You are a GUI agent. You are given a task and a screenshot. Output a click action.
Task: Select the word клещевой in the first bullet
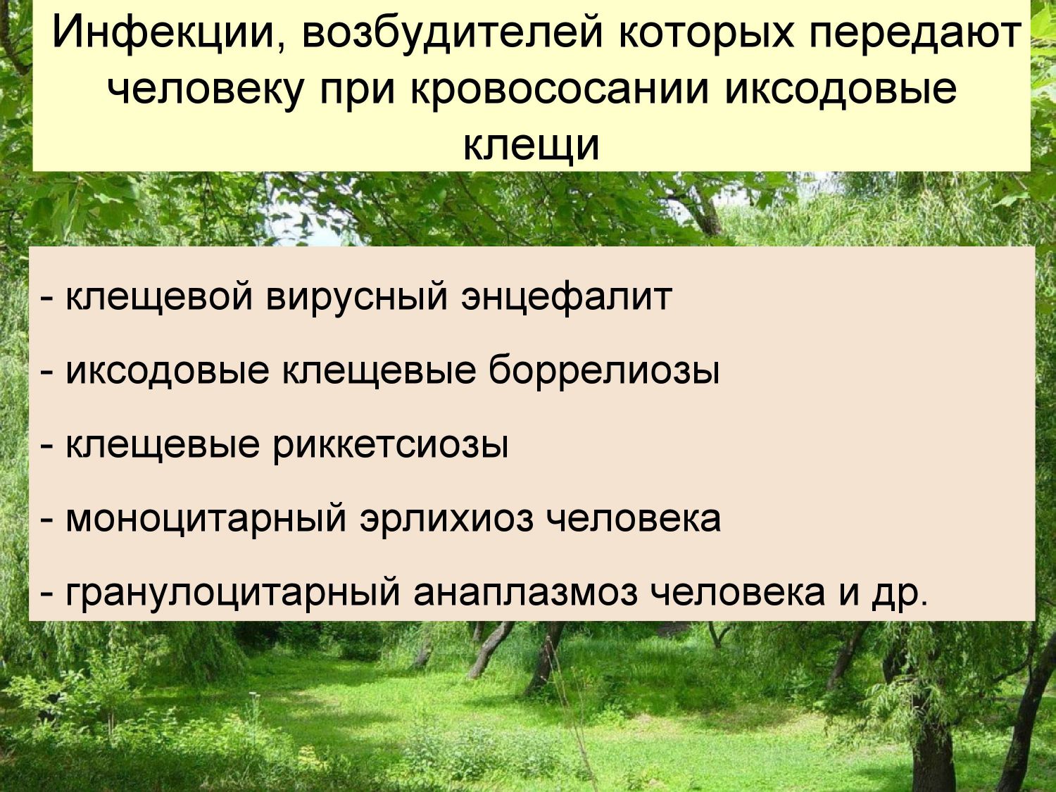point(159,297)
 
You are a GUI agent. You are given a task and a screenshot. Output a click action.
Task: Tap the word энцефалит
point(566,297)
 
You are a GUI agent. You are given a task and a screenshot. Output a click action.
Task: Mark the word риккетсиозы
point(391,445)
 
